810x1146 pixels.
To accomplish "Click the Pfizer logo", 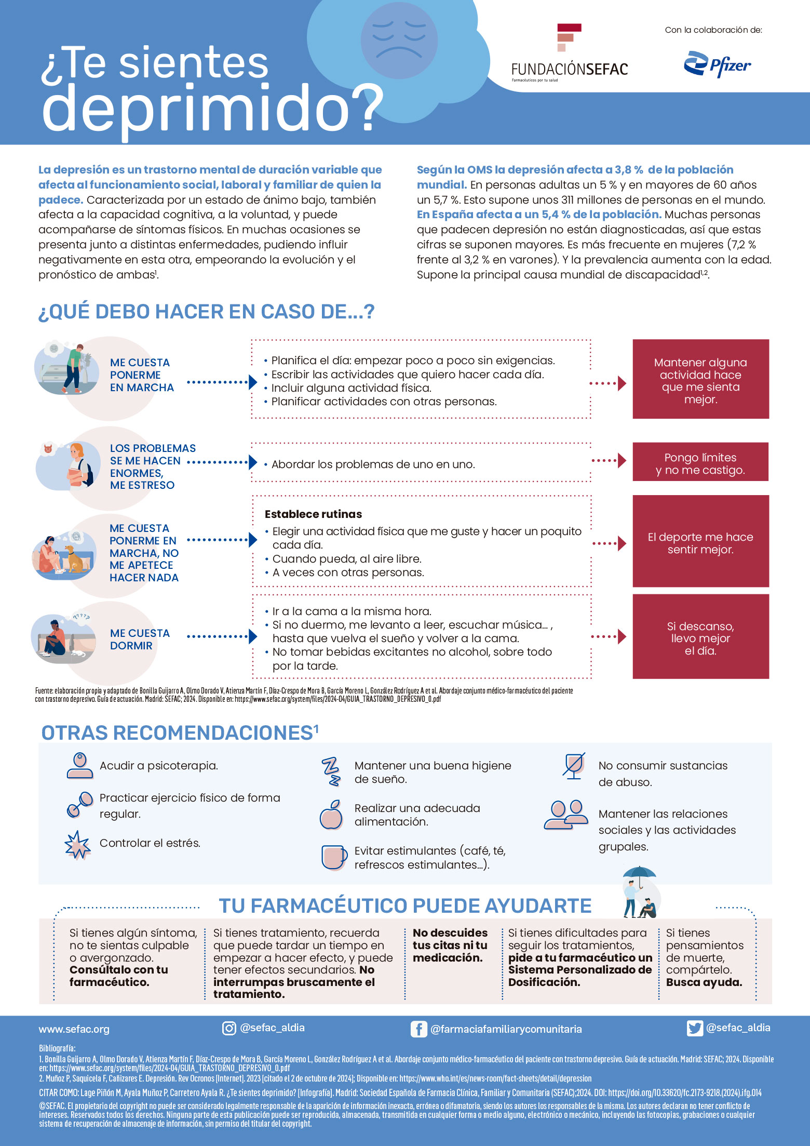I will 717,64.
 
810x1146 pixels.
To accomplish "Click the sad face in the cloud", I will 399,40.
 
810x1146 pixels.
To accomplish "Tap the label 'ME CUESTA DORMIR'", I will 140,639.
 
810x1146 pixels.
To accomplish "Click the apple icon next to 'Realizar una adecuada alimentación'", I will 331,815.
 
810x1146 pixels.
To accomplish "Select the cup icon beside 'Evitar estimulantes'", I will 333,857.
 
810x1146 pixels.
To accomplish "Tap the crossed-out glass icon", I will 574,766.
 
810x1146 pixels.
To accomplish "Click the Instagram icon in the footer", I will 229,1028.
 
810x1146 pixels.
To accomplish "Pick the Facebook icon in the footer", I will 419,1029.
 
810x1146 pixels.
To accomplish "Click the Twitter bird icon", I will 694,1028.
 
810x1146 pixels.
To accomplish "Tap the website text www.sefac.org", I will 74,1029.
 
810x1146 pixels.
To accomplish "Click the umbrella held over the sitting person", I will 639,873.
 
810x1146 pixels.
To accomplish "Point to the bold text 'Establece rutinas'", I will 313,514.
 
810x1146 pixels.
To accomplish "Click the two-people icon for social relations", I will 566,815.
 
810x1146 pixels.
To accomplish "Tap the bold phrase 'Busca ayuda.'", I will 704,982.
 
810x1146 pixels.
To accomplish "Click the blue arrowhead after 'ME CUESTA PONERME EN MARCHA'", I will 253,382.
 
